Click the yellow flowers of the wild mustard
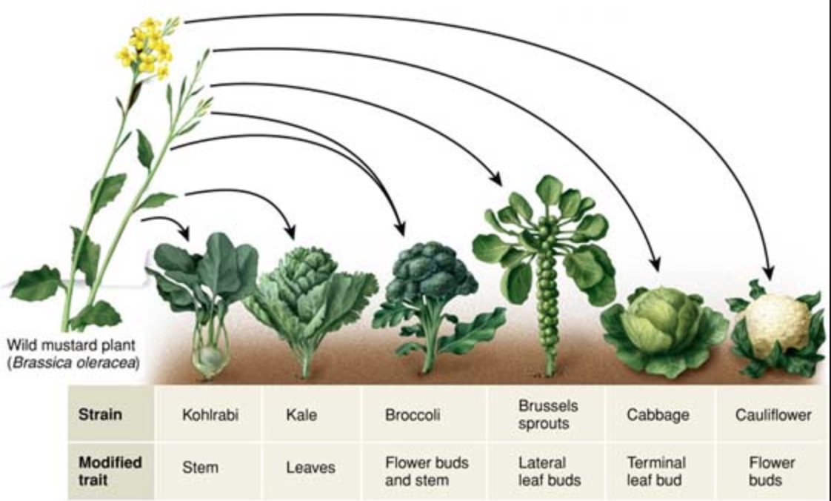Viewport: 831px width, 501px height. [x=146, y=49]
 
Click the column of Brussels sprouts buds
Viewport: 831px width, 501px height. [x=549, y=296]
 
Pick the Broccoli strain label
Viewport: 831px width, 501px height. [x=412, y=415]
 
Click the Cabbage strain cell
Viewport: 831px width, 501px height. [x=658, y=415]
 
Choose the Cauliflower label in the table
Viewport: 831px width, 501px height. [x=773, y=415]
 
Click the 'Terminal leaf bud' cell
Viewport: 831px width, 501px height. [x=656, y=471]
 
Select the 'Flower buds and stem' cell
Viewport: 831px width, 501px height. [x=427, y=471]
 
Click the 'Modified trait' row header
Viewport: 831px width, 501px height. [x=110, y=470]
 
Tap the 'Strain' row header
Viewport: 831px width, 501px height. [x=100, y=414]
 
